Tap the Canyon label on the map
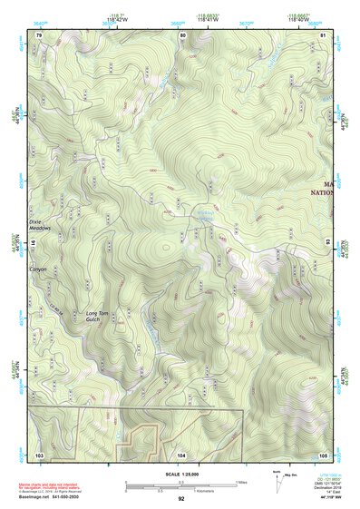[x=38, y=269]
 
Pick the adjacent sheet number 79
[x=39, y=34]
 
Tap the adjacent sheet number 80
[x=182, y=34]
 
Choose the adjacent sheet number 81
[x=324, y=34]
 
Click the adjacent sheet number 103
[x=39, y=454]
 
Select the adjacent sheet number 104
[x=182, y=454]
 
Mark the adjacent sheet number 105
[x=323, y=454]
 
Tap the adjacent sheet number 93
[x=330, y=243]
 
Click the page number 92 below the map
[x=181, y=498]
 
